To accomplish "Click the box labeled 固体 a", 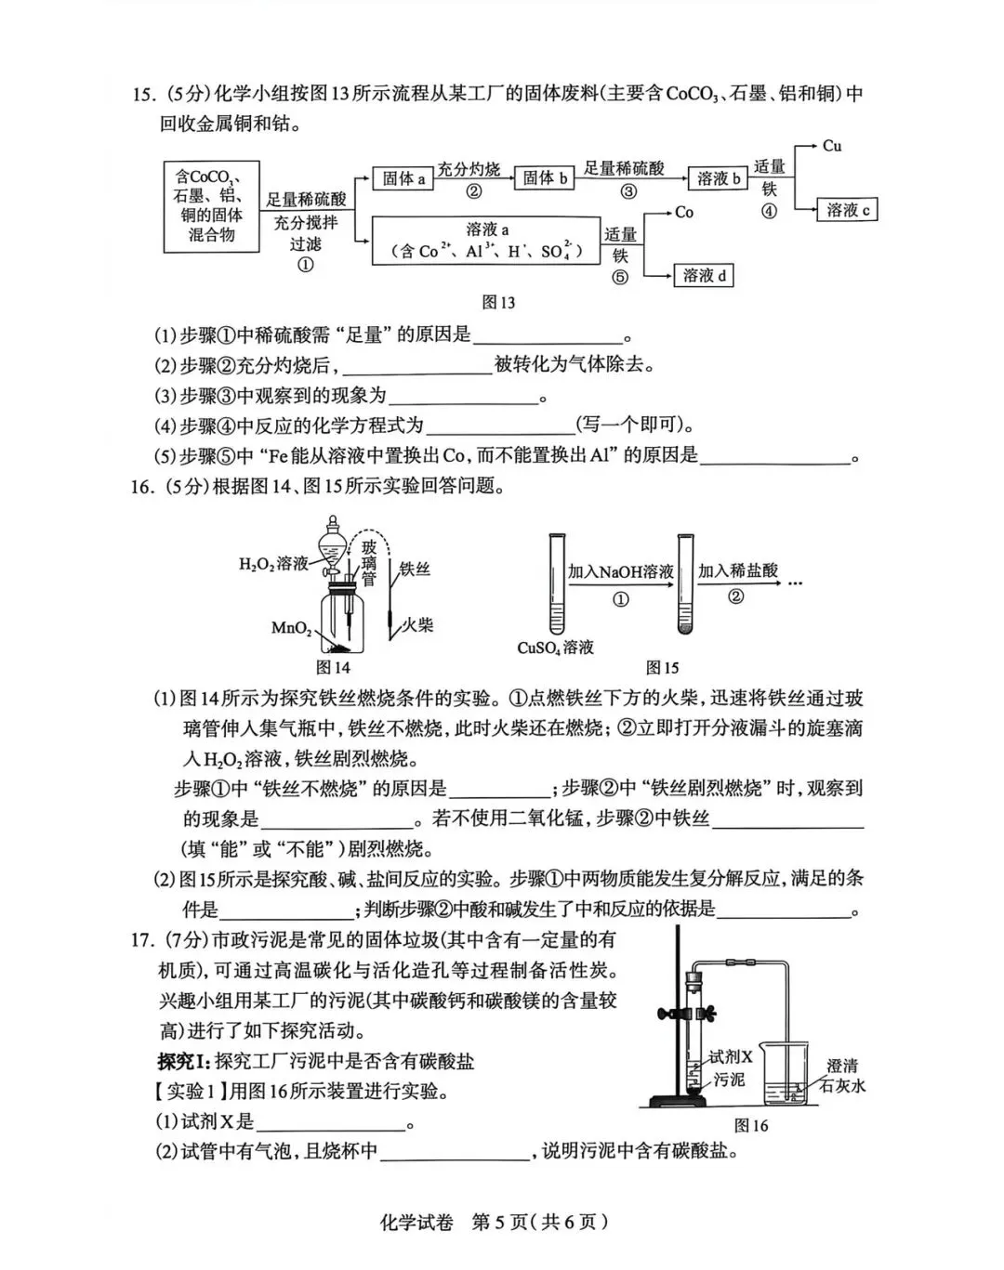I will click(x=403, y=178).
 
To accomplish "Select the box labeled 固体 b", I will click(x=545, y=177).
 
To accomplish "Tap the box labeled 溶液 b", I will click(x=719, y=178).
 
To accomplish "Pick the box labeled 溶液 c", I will click(x=848, y=210).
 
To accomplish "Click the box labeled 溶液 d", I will click(x=704, y=275).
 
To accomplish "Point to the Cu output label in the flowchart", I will click(x=832, y=146).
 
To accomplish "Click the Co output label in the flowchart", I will click(x=684, y=213).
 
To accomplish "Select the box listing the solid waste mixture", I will click(x=212, y=205).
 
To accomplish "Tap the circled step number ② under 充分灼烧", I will click(x=474, y=192).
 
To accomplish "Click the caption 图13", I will click(x=498, y=302).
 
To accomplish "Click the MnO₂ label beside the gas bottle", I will click(x=291, y=628).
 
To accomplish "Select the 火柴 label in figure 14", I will click(x=418, y=624).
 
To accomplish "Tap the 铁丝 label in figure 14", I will click(x=415, y=569).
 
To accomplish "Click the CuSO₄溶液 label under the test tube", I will click(x=555, y=648).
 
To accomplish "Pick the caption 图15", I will click(x=662, y=667).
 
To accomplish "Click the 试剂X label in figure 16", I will click(x=730, y=1056).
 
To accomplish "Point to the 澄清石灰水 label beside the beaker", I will click(x=842, y=1076).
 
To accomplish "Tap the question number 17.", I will click(x=141, y=940).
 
